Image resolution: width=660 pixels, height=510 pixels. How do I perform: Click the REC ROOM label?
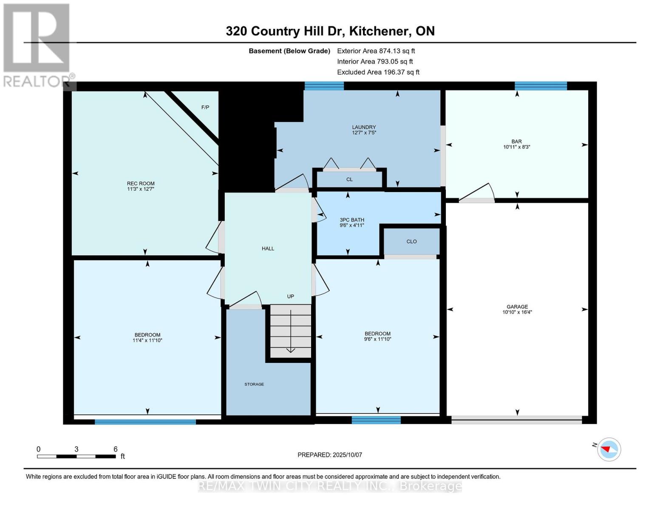click(x=140, y=184)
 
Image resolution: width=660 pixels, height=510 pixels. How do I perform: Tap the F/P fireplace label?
click(x=205, y=108)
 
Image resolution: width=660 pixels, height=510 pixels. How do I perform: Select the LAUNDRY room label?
click(x=364, y=127)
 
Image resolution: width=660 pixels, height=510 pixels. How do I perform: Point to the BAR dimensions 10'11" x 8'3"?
click(x=516, y=147)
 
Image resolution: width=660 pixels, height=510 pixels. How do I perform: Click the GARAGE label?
click(x=517, y=306)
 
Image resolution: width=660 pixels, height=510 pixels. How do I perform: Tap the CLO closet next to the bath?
click(x=411, y=241)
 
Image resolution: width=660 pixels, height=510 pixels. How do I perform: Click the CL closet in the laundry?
click(x=349, y=179)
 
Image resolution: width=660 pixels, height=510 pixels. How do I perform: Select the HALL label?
click(x=268, y=249)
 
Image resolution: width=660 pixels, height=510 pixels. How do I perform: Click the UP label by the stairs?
click(x=290, y=297)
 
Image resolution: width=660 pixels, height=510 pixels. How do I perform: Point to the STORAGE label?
click(x=254, y=384)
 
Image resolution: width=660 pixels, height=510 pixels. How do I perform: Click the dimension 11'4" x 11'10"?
click(x=147, y=340)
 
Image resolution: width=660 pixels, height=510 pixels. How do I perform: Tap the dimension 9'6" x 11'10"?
click(x=377, y=339)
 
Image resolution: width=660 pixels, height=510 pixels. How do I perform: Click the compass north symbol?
click(x=609, y=449)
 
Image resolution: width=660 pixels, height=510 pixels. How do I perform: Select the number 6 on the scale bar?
click(x=115, y=449)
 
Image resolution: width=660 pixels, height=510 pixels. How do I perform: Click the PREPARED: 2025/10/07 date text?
click(x=330, y=455)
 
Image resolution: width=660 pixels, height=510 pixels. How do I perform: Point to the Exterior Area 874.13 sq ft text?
click(x=376, y=51)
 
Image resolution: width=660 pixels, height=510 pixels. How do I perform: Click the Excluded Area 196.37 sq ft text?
click(x=378, y=72)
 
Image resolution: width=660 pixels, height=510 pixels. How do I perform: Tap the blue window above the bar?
click(x=541, y=86)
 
